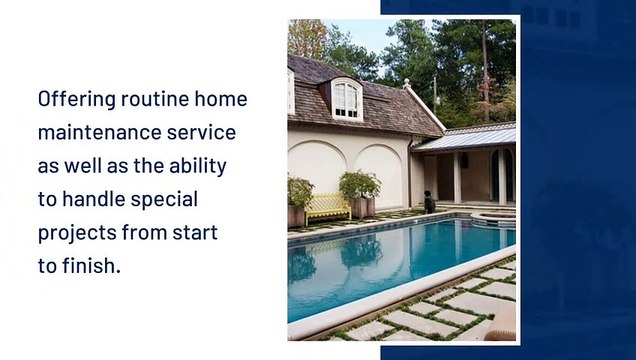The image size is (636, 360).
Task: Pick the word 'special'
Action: pos(167,198)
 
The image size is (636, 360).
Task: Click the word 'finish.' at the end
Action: pos(92,266)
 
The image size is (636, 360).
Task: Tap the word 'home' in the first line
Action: pos(221,99)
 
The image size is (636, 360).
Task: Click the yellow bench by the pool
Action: pos(327,207)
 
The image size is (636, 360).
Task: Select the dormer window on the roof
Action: pos(346,98)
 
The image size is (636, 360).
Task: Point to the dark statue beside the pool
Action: pos(429,201)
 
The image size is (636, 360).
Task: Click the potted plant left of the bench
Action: pos(299,195)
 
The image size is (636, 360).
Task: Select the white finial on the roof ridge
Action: pos(407,84)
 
